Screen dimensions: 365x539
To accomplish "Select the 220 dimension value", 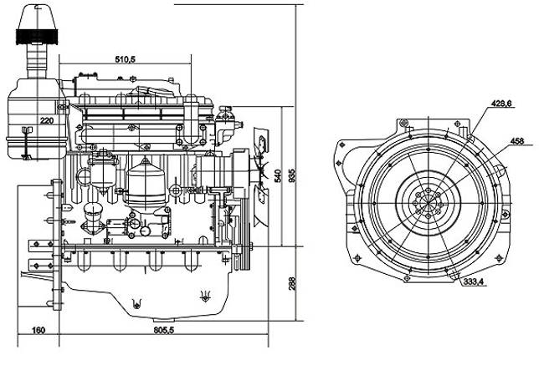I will [47, 122].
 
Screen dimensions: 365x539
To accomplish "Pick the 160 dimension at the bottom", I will [38, 330].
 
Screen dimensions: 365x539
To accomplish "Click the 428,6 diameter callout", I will [500, 104].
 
